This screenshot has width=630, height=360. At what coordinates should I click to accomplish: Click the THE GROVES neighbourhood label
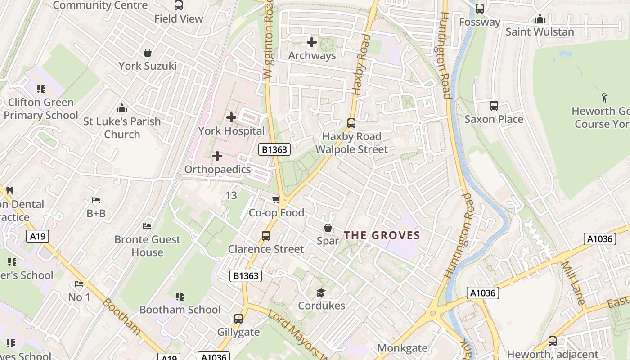382,235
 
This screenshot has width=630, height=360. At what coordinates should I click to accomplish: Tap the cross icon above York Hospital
231,117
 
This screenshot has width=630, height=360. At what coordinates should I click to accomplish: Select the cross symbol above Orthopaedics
217,156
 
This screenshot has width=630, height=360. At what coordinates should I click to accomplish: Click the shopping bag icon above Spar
328,228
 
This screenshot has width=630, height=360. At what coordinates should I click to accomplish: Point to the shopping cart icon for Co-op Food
276,199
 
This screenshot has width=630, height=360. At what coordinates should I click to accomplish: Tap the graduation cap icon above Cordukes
321,293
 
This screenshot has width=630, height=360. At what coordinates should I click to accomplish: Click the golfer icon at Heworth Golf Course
604,98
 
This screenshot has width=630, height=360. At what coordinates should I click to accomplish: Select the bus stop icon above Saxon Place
494,106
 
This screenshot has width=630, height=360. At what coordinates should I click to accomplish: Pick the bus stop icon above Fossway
480,8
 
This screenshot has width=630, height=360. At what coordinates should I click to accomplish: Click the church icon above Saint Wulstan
540,19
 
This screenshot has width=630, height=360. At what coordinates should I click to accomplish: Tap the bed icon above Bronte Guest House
147,226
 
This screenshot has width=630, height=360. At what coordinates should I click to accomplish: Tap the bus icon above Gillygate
238,319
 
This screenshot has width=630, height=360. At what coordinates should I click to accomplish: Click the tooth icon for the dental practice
10,190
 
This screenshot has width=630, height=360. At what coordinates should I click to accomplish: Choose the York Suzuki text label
148,66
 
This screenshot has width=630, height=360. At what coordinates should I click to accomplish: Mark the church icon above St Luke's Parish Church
121,108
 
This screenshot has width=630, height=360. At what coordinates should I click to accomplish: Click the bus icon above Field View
179,5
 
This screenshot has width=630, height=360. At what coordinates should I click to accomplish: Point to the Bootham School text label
180,310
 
